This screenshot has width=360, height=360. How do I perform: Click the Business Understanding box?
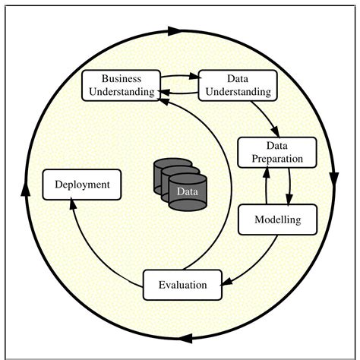[x=122, y=85]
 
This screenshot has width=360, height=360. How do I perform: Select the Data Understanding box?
[x=236, y=85]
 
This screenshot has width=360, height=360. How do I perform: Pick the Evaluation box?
[x=182, y=285]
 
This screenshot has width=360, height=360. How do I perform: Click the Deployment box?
[x=82, y=185]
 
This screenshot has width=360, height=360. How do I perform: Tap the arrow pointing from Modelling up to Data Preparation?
[x=266, y=186]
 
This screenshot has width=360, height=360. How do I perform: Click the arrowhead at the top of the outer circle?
[x=173, y=32]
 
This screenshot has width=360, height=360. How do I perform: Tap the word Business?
[x=122, y=79]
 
